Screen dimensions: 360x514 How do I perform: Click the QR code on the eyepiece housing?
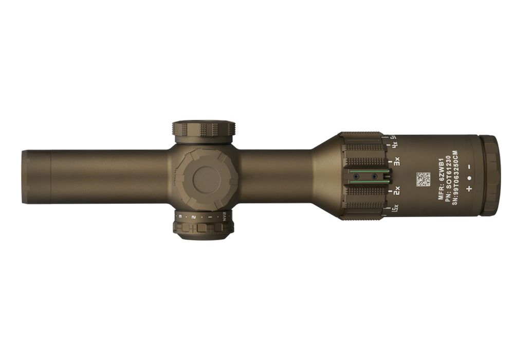coord(423,179)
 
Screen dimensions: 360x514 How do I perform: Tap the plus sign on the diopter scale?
coord(469,189)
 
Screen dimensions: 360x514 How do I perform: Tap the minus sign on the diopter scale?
coord(469,167)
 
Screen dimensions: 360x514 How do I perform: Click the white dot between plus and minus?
coord(469,178)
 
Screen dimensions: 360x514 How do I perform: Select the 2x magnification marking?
coord(396,192)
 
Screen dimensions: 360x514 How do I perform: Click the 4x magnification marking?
coord(395,146)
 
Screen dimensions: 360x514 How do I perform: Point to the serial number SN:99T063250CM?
coord(455,178)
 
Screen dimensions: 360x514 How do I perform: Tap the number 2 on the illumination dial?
coord(193,217)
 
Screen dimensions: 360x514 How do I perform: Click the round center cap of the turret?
coord(206,179)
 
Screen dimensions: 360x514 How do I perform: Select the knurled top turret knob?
coord(204,129)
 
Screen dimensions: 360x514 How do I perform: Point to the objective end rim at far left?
coord(25,177)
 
